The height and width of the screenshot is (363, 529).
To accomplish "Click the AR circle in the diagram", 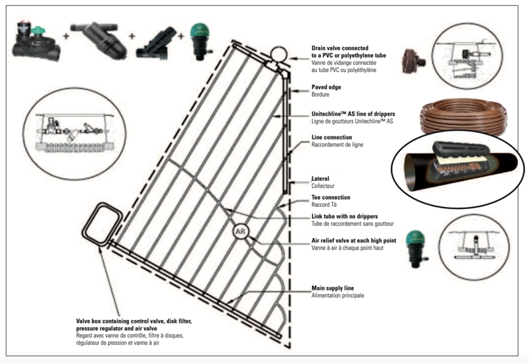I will (239, 233).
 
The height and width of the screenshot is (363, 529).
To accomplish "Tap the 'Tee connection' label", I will (331, 197).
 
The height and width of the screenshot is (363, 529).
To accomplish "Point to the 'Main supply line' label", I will (337, 288).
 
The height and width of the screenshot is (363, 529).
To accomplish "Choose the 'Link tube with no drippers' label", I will (350, 217).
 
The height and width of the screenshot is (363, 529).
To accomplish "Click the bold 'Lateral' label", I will (321, 179).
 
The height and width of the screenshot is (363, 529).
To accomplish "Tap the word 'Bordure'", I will (323, 95).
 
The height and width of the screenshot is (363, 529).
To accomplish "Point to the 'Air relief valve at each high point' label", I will (357, 240).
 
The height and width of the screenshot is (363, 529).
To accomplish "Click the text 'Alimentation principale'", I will (338, 296).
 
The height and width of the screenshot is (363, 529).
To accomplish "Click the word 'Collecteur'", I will (325, 186).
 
